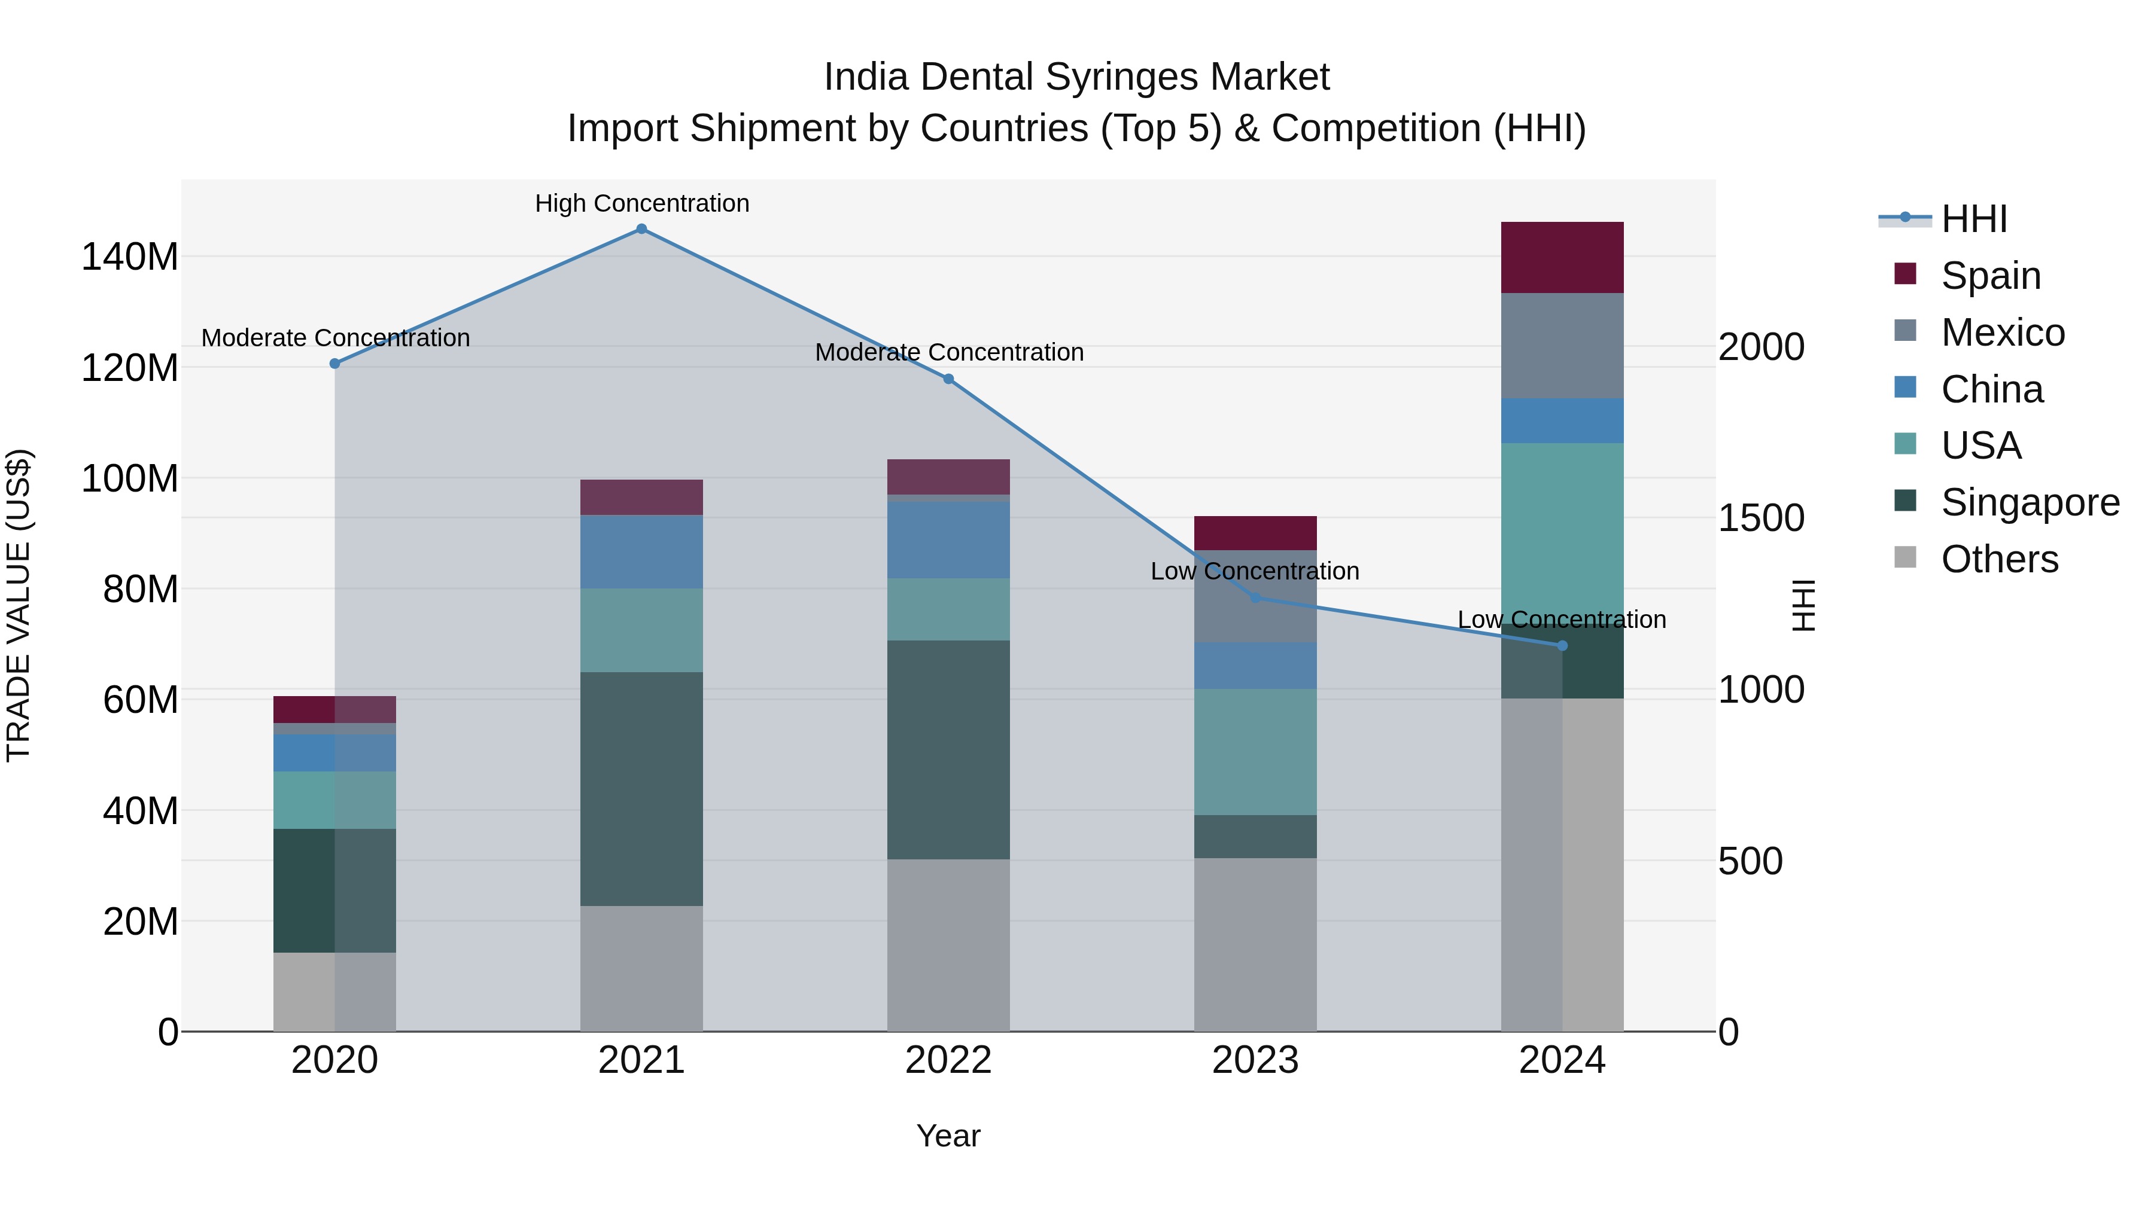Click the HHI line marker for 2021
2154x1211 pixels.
point(641,229)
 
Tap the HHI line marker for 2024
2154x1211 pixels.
point(1562,645)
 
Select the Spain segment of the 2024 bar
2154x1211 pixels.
point(1562,257)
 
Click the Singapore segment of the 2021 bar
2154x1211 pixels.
point(641,788)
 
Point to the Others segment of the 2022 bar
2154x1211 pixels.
point(948,944)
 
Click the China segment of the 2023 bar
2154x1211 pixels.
point(1255,665)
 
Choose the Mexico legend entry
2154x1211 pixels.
point(2003,333)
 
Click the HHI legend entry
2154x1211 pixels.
point(1973,219)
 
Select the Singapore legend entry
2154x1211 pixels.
point(2030,502)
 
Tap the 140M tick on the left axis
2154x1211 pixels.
point(130,257)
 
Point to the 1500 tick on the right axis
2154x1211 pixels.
point(1761,518)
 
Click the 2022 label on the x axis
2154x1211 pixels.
point(948,1060)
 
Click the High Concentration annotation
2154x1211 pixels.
point(642,203)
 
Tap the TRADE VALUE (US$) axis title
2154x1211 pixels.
point(19,605)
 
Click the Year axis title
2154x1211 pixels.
point(948,1136)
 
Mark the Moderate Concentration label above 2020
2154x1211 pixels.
point(335,338)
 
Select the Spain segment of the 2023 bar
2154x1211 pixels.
point(1255,533)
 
